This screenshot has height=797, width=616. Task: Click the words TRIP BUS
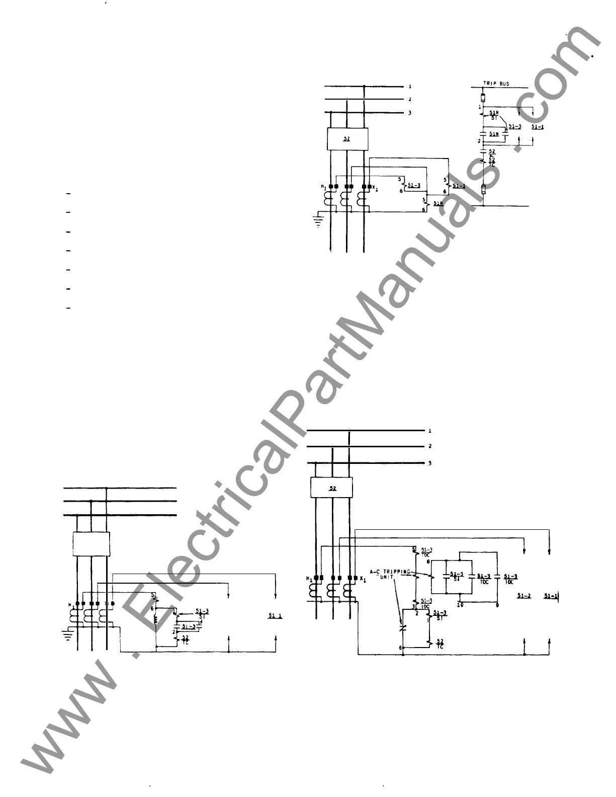[496, 84]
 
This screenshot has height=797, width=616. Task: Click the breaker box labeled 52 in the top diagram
[346, 139]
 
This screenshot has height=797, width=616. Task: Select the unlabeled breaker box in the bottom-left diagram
[92, 543]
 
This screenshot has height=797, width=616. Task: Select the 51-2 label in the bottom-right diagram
[524, 596]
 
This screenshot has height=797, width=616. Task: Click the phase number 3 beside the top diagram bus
[410, 113]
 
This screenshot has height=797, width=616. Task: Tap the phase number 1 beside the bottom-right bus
[430, 431]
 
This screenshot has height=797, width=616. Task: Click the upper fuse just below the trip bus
[483, 98]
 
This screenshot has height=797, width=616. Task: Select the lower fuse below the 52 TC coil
[483, 190]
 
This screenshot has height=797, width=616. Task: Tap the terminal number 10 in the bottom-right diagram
[460, 605]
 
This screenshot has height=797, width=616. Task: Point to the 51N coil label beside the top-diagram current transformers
[438, 204]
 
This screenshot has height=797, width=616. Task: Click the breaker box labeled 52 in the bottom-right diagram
[331, 488]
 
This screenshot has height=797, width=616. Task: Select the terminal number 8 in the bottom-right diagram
[428, 561]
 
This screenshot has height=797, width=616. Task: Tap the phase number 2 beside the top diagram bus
[410, 100]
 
